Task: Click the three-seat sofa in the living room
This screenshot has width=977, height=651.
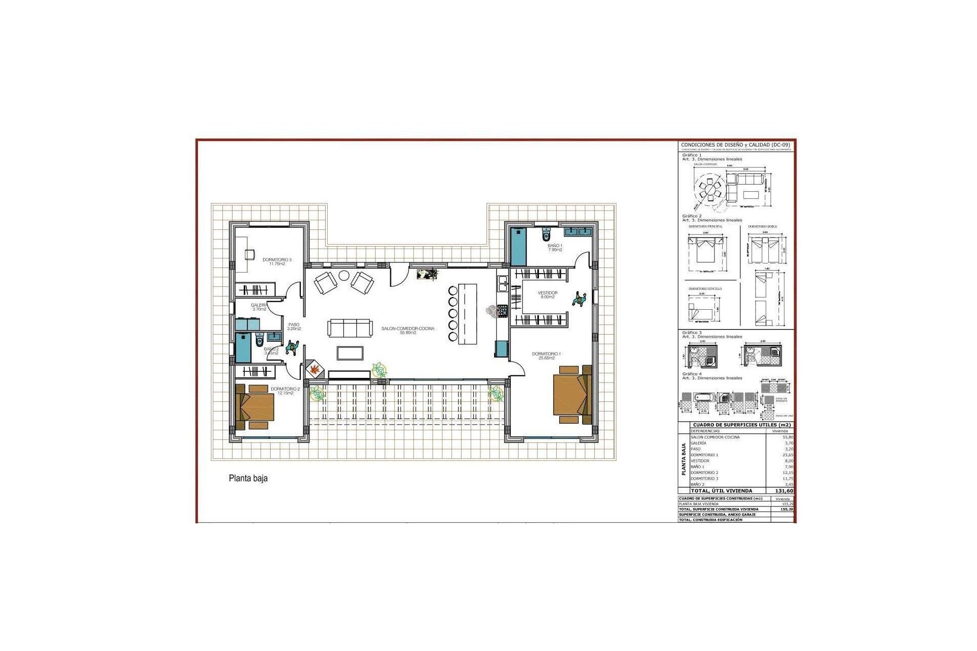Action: pyautogui.click(x=349, y=328)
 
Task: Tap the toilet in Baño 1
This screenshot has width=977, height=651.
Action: pyautogui.click(x=547, y=235)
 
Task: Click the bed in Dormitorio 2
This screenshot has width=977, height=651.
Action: pyautogui.click(x=256, y=407)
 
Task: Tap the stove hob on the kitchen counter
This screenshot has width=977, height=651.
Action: pyautogui.click(x=502, y=310)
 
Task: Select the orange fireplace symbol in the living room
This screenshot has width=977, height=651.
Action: pyautogui.click(x=315, y=369)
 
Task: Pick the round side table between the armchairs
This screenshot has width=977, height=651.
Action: pyautogui.click(x=344, y=275)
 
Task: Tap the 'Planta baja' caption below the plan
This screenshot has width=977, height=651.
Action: pyautogui.click(x=248, y=479)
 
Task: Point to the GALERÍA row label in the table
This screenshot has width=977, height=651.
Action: pyautogui.click(x=698, y=443)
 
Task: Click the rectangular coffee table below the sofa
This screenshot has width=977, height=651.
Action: pyautogui.click(x=350, y=352)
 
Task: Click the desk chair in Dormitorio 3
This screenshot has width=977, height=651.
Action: pyautogui.click(x=250, y=254)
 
